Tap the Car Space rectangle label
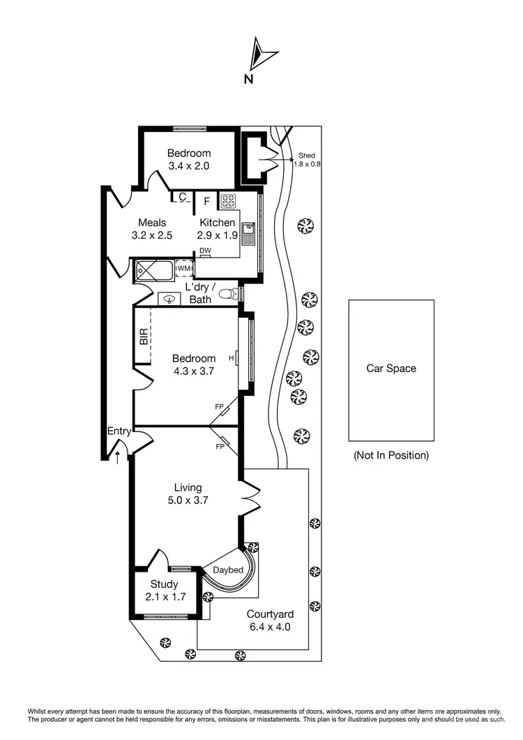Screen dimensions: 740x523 (x=391, y=369)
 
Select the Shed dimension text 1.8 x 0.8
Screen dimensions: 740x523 (x=307, y=164)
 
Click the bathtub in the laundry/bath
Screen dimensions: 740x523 (x=153, y=269)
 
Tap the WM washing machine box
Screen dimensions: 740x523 (x=183, y=268)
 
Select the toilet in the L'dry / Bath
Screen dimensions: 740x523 (x=228, y=295)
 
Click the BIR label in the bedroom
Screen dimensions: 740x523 (x=144, y=338)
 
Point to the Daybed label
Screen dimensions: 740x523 (x=228, y=570)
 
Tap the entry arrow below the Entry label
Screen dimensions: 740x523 (x=118, y=457)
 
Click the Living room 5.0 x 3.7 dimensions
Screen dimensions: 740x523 (x=188, y=500)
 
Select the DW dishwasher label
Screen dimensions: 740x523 (x=205, y=251)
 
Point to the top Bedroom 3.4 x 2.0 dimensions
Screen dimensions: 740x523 (x=189, y=166)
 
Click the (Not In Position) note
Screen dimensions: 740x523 (x=391, y=455)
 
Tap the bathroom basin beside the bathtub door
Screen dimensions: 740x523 (x=169, y=298)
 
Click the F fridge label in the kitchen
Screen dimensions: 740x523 (x=206, y=202)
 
